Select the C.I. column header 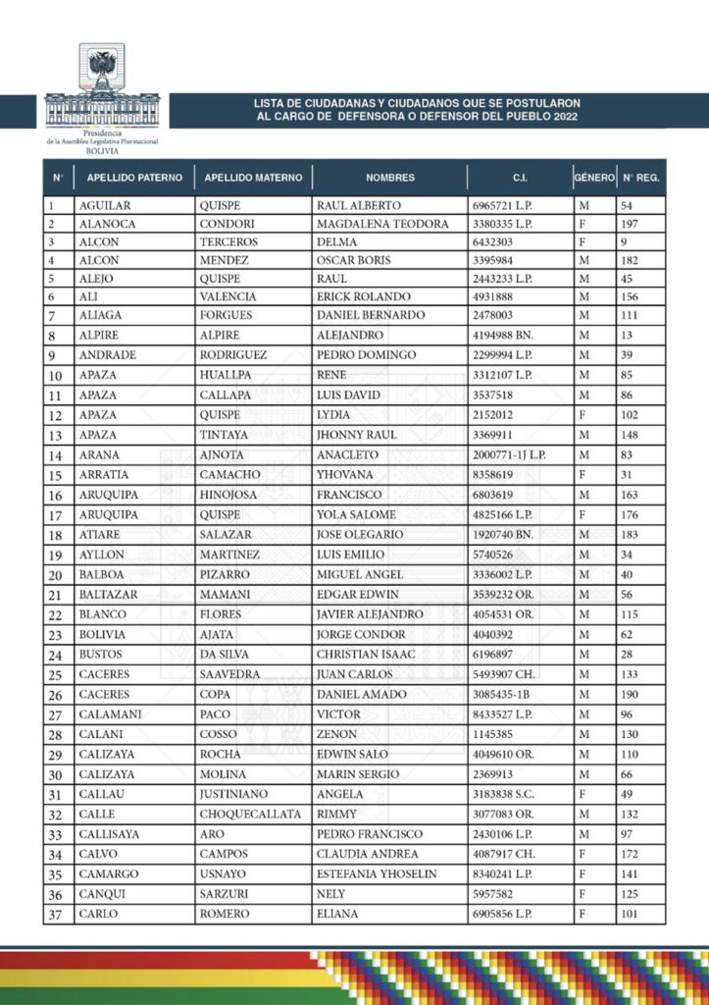(x=520, y=178)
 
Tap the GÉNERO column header (x=594, y=178)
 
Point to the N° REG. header (x=640, y=178)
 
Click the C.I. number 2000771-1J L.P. (x=510, y=454)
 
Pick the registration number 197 (x=630, y=224)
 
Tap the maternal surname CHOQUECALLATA (x=250, y=814)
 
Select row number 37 (x=56, y=915)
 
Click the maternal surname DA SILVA (x=227, y=653)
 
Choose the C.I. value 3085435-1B (x=502, y=694)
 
